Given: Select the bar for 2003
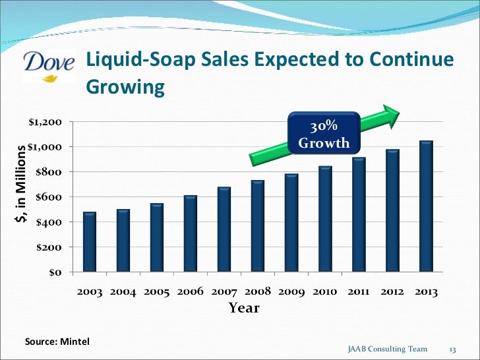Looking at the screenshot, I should click(90, 241).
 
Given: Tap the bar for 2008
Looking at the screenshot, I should click(257, 225).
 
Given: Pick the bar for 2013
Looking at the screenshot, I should click(426, 206).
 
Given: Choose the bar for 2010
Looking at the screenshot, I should click(325, 218).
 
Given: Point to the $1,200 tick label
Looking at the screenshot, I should click(45, 122).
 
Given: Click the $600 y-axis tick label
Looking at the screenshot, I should click(48, 197).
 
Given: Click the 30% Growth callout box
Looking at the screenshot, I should click(324, 135).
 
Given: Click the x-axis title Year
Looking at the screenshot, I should click(244, 308).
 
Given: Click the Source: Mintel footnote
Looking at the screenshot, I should click(57, 342).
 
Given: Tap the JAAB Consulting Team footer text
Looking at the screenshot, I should click(387, 349).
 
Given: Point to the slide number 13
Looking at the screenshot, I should click(453, 349).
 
